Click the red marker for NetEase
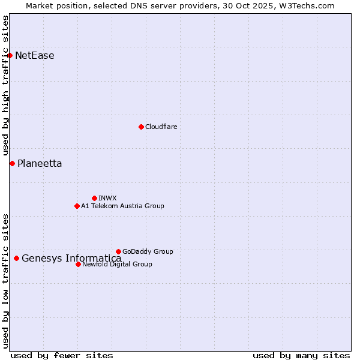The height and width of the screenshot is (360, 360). (10, 56)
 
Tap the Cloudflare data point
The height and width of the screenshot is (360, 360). (141, 127)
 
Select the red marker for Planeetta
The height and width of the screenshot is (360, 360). (12, 163)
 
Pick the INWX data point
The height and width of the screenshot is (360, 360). (94, 198)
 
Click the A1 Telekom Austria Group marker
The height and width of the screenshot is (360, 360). (77, 206)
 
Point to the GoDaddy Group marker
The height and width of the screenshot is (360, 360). (118, 251)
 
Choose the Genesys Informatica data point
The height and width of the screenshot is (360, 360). (16, 259)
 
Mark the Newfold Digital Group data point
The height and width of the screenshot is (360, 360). (78, 264)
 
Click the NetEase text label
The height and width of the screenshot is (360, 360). (35, 56)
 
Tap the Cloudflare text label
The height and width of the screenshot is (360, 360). (161, 127)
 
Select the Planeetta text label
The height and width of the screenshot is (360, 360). (40, 163)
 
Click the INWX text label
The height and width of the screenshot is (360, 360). (107, 198)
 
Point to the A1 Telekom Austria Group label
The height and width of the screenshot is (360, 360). (122, 206)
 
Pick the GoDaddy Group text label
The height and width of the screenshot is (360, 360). (148, 251)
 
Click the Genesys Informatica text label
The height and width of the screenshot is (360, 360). (71, 259)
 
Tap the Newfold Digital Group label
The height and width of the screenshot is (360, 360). (117, 264)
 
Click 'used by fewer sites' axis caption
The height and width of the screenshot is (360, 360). (62, 355)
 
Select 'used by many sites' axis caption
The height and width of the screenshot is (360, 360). (301, 355)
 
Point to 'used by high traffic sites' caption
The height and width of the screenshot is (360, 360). (6, 86)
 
